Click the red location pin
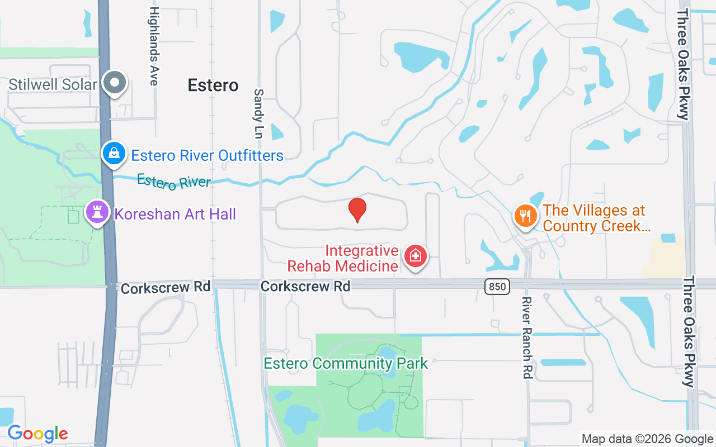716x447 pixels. [x=357, y=210]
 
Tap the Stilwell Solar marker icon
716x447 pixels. [x=115, y=83]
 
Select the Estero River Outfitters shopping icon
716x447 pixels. [x=114, y=153]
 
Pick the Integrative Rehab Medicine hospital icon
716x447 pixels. [x=416, y=256]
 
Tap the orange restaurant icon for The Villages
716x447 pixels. [x=525, y=215]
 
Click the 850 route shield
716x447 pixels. [x=496, y=287]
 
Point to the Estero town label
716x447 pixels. [x=213, y=85]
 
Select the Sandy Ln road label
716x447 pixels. [x=258, y=113]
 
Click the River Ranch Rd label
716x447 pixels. [x=526, y=337]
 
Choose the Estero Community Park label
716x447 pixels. [x=346, y=363]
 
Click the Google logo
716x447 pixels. [x=37, y=434]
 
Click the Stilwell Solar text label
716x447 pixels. [x=53, y=85]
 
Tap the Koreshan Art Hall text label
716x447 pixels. [x=175, y=213]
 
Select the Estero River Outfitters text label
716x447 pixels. [x=207, y=155]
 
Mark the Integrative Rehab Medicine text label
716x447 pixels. [x=342, y=258]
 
